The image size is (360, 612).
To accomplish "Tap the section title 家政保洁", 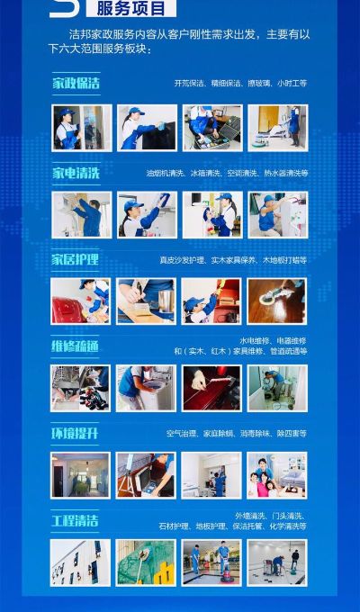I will point(76,84).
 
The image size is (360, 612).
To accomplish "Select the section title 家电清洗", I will point(76,172).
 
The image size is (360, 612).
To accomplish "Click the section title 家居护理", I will point(76,259).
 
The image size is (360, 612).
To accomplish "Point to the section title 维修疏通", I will point(76,346).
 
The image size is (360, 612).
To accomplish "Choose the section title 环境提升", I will point(76,433).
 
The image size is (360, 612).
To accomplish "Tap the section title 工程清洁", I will point(76,521).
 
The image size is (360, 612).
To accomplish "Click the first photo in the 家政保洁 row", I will point(81,128).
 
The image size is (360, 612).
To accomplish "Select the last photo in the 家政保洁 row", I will point(277,128).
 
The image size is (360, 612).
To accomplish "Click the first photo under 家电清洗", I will point(81,214).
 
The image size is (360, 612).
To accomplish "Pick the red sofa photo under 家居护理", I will point(81,301).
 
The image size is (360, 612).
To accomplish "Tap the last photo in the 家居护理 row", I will point(277,301).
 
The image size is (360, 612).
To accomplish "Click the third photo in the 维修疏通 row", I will point(211,388).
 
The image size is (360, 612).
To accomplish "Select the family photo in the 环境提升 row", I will point(277,475).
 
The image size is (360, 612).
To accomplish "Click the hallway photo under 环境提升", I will point(81,475).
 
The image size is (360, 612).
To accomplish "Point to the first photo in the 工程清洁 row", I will point(81,562).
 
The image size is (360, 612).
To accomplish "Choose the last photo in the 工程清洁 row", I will point(277,562).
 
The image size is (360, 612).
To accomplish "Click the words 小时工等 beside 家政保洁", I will point(292,84).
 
